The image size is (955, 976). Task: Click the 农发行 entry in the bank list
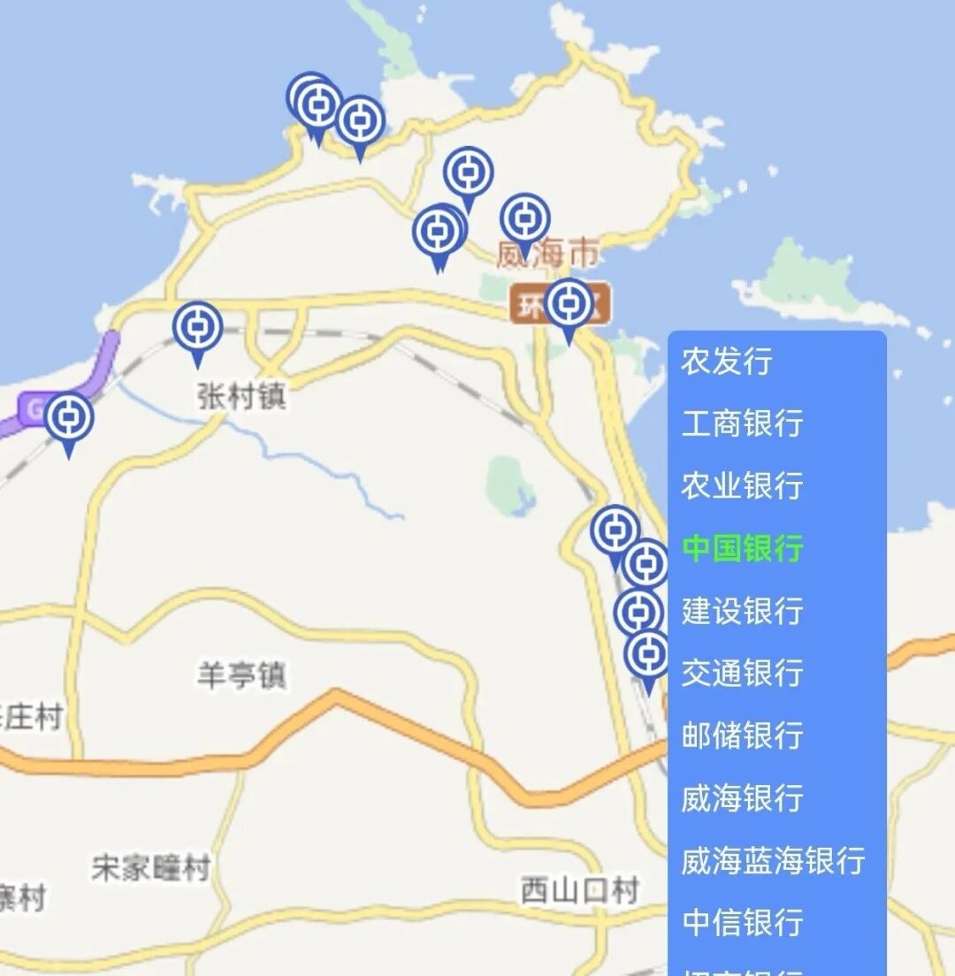[727, 361]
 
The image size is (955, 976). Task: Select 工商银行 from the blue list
[742, 423]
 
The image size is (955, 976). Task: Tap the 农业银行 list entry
[742, 485]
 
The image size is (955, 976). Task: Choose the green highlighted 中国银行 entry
[742, 548]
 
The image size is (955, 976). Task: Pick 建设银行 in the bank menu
[742, 611]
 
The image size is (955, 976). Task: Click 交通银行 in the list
[742, 673]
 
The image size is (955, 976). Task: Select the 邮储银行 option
[742, 736]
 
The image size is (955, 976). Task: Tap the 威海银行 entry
[742, 798]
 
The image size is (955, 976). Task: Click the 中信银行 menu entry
[742, 922]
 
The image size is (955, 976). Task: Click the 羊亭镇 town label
[241, 676]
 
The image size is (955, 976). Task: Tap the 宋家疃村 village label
[151, 868]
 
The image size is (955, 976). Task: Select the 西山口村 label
[579, 889]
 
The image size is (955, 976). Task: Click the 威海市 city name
[546, 255]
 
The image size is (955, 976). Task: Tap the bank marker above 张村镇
[197, 328]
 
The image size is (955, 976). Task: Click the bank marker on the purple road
[69, 419]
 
